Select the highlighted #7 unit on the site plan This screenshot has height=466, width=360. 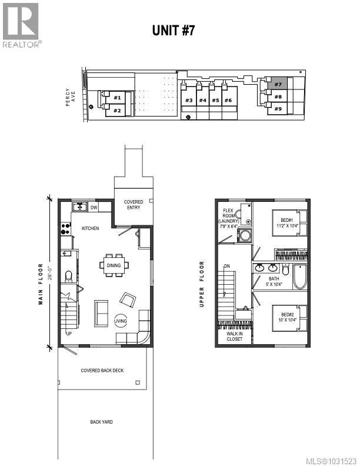(x=278, y=84)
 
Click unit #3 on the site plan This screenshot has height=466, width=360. (x=189, y=100)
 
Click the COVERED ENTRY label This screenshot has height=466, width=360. (x=133, y=205)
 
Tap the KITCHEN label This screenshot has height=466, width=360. (x=90, y=228)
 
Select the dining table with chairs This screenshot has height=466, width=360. (x=114, y=265)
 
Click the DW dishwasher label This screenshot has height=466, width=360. (x=94, y=207)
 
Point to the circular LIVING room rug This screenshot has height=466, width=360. (x=120, y=321)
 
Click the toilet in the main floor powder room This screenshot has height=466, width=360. (x=69, y=276)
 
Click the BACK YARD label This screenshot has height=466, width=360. (x=101, y=422)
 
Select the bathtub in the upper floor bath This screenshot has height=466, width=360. (x=300, y=275)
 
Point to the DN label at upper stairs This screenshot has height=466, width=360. (x=227, y=267)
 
